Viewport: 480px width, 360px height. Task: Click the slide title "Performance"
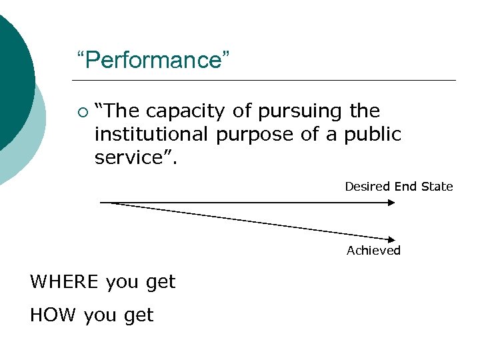coord(153,61)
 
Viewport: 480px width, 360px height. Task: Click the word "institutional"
coord(153,134)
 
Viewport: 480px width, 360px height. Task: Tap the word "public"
coord(373,134)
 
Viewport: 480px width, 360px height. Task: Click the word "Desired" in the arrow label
coord(367,187)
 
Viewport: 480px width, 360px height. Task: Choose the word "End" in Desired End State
coord(405,187)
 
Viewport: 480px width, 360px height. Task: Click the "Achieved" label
coord(373,251)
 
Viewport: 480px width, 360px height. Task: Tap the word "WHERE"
coord(65,282)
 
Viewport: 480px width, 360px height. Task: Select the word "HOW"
coord(53,315)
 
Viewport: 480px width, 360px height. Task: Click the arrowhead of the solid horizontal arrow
coord(392,202)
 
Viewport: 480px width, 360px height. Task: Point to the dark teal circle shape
coord(10,73)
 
